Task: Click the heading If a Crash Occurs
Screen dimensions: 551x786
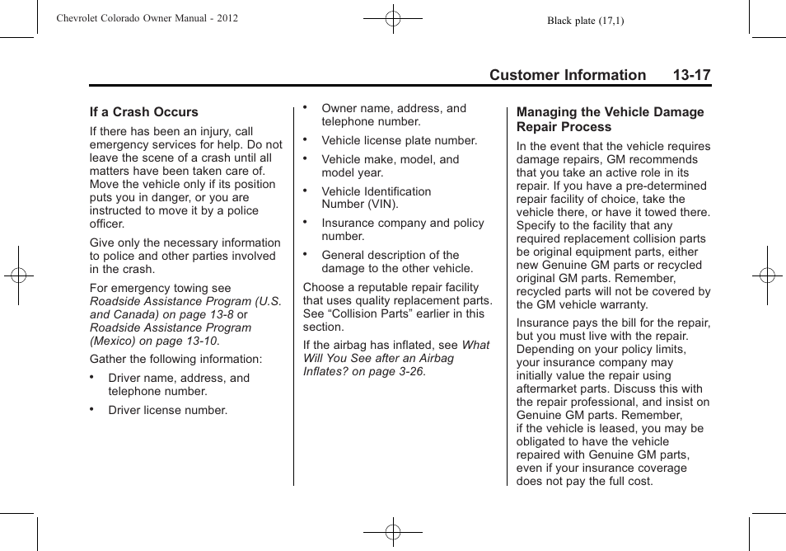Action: pos(144,112)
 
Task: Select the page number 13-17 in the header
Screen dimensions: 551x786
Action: pos(690,75)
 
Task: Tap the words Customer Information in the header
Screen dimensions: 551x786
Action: pos(567,75)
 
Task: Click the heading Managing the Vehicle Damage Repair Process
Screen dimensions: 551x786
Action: pos(610,120)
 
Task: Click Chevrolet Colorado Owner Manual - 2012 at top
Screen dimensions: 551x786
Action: pos(147,17)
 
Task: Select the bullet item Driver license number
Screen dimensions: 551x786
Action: pos(167,410)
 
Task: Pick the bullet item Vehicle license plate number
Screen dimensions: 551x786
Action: pos(399,140)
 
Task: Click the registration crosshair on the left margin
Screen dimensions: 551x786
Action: pos(18,275)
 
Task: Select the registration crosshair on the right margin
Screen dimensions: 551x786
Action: pos(767,275)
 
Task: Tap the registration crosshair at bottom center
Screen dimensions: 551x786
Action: pos(393,532)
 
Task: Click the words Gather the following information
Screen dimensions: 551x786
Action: pos(175,359)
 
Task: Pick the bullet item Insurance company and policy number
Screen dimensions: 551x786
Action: pos(402,229)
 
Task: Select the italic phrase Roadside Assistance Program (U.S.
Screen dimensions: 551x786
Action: pos(185,301)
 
